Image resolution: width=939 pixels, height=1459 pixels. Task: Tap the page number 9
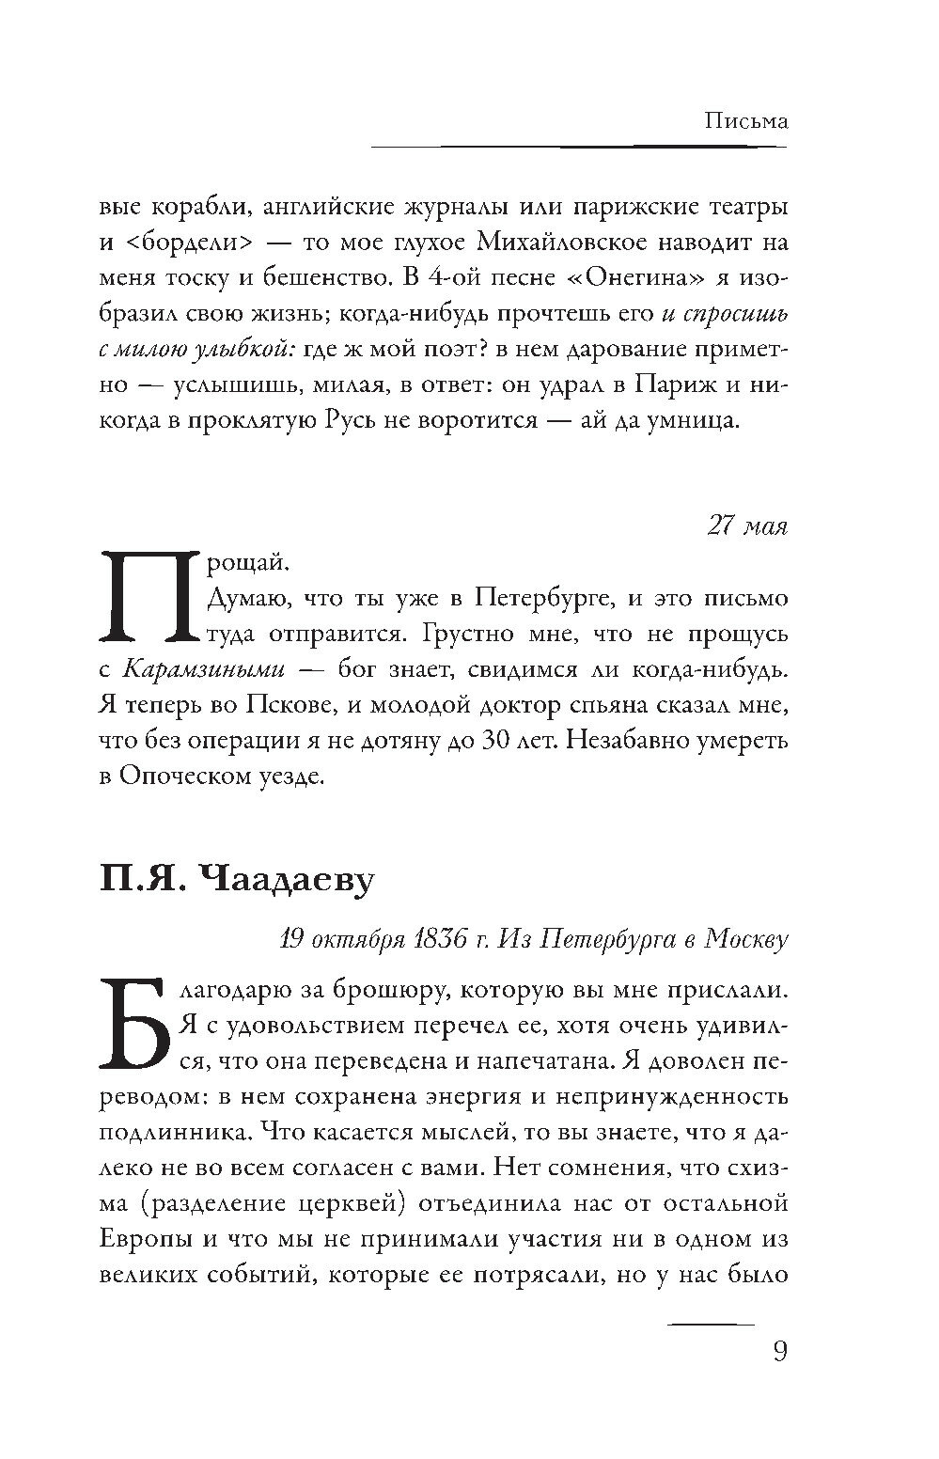coord(778,1351)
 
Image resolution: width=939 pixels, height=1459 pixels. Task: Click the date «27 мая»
coord(746,526)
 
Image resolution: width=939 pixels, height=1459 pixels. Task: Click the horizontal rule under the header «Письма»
coord(579,147)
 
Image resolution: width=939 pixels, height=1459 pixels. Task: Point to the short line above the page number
coord(712,1324)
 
